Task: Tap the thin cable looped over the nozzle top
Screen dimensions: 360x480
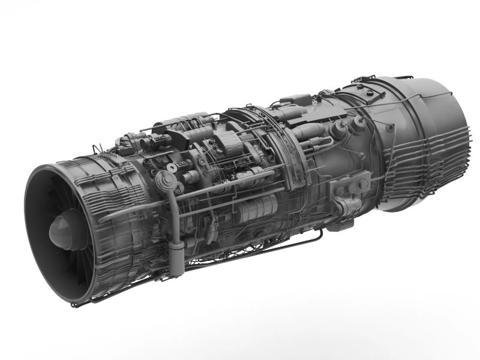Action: pos(384,81)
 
